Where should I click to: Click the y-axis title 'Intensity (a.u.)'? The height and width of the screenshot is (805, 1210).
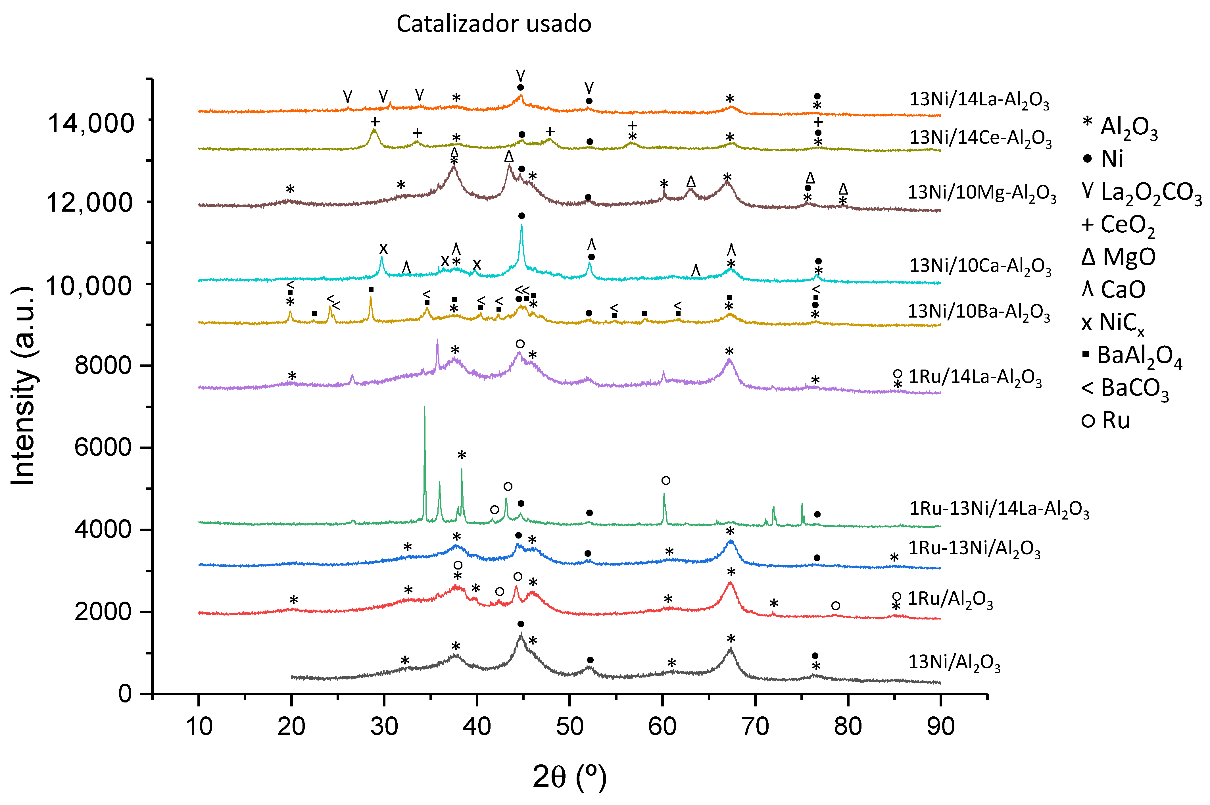pos(23,385)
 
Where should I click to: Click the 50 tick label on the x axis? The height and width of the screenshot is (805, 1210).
pos(569,726)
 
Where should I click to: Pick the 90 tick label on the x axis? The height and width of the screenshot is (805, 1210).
pos(940,726)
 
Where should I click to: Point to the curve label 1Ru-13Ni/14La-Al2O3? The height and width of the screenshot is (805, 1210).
pos(998,509)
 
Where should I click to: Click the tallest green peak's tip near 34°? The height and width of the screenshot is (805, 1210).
pos(424,406)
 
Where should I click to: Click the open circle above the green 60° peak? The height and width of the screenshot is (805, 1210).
pos(666,481)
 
